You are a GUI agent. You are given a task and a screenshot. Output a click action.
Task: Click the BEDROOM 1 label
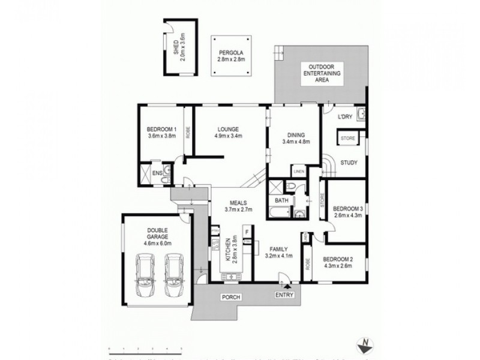161,133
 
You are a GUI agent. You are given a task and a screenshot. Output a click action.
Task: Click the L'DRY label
344,116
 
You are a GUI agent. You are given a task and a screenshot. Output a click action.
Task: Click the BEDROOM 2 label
339,262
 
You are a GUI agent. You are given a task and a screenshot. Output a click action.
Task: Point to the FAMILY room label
278,253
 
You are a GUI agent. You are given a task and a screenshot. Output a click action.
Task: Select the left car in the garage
145,275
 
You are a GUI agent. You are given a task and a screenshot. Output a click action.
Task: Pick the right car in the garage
175,275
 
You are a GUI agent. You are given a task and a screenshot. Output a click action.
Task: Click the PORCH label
230,296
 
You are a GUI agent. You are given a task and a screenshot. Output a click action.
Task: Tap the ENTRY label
285,295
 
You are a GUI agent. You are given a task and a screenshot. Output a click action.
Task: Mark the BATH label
281,200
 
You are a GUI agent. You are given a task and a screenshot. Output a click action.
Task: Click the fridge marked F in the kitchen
246,231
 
